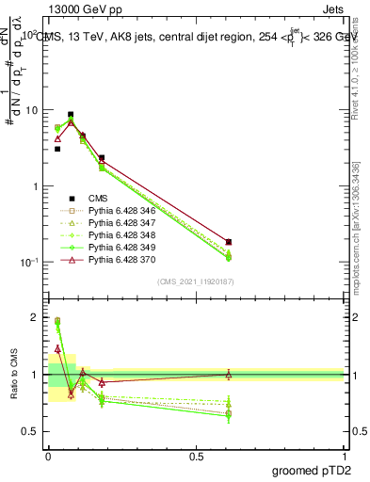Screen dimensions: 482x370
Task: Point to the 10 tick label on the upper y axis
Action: [28, 110]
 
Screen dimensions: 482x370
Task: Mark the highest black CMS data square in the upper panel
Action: [71, 115]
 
